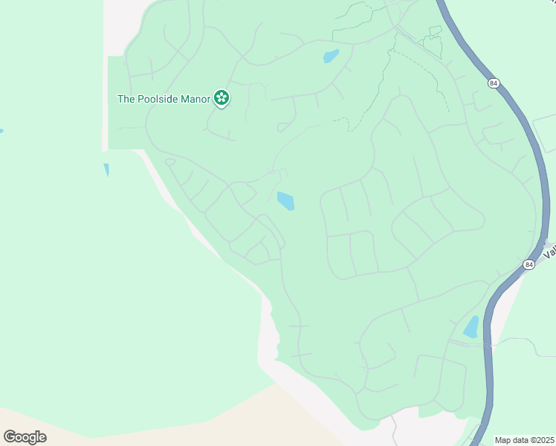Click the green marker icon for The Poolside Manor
(221, 97)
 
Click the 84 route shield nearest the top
(494, 83)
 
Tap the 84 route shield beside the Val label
(528, 264)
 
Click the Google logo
(25, 437)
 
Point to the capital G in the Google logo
(10, 436)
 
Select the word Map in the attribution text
(504, 440)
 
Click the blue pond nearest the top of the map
(331, 56)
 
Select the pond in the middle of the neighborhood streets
(285, 201)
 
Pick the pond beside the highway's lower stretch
(471, 327)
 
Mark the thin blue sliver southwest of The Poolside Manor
(106, 169)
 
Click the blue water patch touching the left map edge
(1, 131)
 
